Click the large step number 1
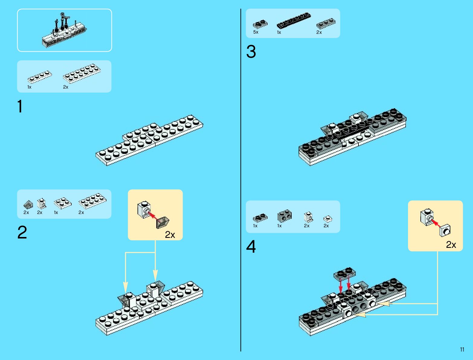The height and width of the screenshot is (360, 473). (20, 107)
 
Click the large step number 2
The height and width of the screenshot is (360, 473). (22, 233)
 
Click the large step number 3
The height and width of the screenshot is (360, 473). (251, 52)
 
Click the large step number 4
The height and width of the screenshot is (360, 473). (251, 247)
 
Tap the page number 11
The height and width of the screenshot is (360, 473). (462, 349)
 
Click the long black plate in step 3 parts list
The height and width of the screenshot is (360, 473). (293, 21)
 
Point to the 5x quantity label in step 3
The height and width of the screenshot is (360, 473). (256, 32)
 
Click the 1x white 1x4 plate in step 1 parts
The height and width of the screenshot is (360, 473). (39, 77)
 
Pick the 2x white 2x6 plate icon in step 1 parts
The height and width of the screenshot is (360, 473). (82, 73)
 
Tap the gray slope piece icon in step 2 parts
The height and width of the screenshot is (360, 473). (28, 204)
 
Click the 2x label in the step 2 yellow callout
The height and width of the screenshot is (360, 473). (170, 235)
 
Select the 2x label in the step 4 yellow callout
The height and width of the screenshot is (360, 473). (451, 245)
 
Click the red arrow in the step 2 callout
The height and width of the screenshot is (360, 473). (154, 216)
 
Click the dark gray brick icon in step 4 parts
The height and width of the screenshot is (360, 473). (284, 216)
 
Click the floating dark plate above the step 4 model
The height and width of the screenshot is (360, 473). (345, 273)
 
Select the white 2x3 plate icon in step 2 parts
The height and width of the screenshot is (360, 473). (63, 202)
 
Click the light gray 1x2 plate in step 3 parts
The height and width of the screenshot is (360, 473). (326, 24)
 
